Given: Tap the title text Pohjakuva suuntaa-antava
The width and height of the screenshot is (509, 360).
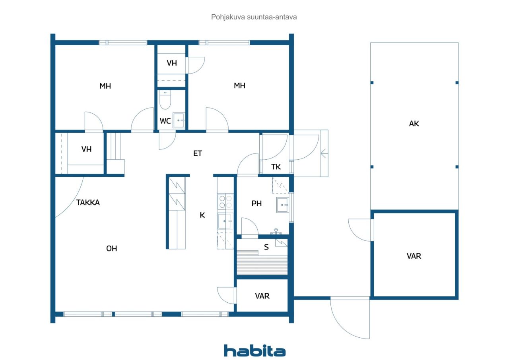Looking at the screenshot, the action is coord(254,17).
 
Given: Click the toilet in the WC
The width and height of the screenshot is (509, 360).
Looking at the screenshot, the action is coord(165,100).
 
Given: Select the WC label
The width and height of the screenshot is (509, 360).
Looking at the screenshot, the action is coord(165,121).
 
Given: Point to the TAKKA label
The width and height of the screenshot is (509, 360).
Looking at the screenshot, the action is coord(88,203).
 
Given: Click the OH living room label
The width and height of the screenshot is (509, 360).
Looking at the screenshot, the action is coord(112,249).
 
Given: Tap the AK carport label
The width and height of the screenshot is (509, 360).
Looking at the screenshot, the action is coord(414,124).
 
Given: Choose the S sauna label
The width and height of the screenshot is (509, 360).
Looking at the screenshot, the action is coord(266,247).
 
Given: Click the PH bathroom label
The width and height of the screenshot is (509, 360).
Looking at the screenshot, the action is coord(256,203).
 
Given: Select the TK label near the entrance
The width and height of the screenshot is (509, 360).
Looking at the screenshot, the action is coord(276,167).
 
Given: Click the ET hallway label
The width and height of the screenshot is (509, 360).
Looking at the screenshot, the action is coord(198,154).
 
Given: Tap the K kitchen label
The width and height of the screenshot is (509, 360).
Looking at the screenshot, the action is coord(202,215).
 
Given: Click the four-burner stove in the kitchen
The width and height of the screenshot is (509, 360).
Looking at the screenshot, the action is coord(225,202).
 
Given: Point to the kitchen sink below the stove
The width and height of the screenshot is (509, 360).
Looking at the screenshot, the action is coord(225,221).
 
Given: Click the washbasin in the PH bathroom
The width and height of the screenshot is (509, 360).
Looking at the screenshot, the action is coord(283,205).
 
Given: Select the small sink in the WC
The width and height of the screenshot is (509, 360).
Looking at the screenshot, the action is coord(179,120).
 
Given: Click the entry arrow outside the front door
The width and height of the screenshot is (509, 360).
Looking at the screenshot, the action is coord(324,154).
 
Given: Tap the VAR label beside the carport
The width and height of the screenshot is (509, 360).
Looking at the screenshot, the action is coord(414,256).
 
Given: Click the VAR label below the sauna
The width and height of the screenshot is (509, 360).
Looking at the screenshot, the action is coord(262,296).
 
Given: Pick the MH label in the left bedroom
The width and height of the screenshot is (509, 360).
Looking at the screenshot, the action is coord(105,86).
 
